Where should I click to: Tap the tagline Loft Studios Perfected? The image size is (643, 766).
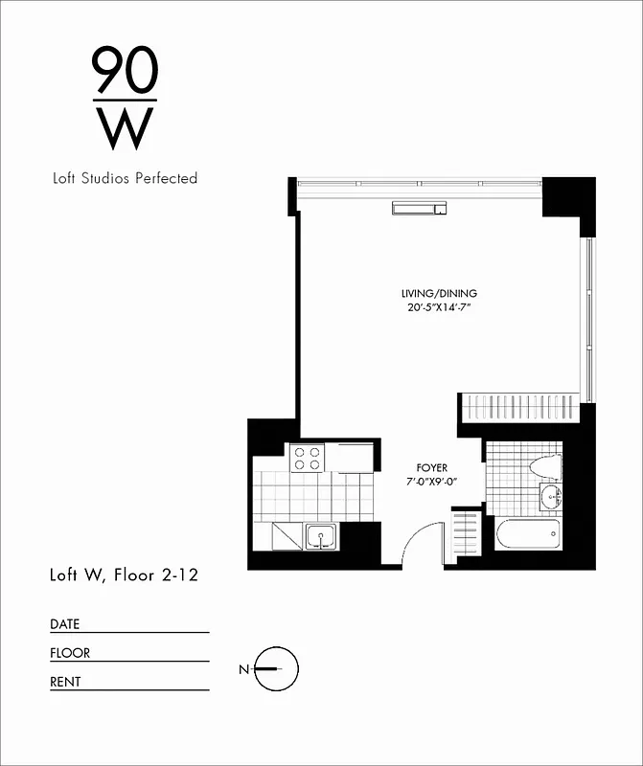[x=125, y=178]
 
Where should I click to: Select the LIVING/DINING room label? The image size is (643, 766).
[x=439, y=293]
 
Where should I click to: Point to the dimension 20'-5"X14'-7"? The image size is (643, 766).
[x=439, y=307]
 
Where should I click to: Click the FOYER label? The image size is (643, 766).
[x=431, y=467]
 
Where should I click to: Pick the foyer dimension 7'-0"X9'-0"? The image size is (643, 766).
[x=431, y=481]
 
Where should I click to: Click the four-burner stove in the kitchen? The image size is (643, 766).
[x=309, y=458]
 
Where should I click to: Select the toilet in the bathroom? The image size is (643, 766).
[x=543, y=466]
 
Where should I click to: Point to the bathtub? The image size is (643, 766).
[x=528, y=534]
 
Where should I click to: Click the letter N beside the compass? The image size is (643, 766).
[x=243, y=668]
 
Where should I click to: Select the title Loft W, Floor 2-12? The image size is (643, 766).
[x=124, y=575]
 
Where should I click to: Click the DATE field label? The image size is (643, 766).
[x=65, y=624]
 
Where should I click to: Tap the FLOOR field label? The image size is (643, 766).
[x=70, y=653]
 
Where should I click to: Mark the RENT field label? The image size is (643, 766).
[x=66, y=682]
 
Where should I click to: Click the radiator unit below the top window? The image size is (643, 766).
[x=418, y=208]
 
